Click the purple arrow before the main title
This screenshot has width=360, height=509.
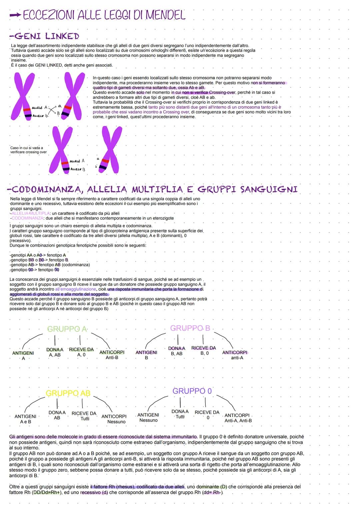15,15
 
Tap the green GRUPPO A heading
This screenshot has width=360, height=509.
67,329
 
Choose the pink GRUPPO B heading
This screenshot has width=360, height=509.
190,328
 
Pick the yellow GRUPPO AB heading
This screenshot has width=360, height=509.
68,393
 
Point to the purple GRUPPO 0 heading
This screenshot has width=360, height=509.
192,391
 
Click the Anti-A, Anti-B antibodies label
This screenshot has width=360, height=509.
238,421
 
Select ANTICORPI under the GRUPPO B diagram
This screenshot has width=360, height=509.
235,352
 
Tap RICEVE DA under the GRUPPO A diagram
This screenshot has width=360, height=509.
81,350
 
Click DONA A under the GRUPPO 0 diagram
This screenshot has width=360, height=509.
180,412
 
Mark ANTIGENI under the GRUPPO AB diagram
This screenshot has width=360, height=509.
25,416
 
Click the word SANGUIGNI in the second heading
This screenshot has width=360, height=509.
269,189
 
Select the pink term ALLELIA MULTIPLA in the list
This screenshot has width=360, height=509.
30,213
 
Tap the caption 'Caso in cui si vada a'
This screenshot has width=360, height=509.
27,148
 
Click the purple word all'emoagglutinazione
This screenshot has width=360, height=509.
75,289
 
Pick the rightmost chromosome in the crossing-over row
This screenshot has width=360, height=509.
110,150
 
